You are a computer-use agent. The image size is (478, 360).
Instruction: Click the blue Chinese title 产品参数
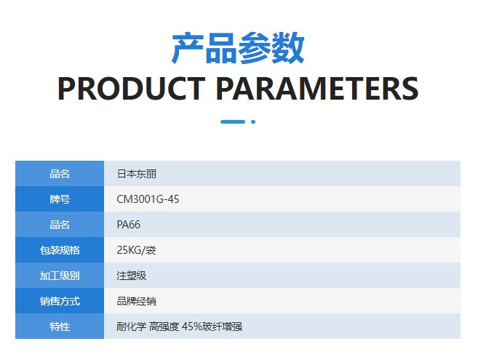(238, 48)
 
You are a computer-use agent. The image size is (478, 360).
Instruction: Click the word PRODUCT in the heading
(132, 89)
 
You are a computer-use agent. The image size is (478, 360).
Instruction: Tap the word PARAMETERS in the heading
(317, 89)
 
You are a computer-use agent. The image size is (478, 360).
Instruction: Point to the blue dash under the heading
(233, 121)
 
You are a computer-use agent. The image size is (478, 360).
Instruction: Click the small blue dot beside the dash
(253, 121)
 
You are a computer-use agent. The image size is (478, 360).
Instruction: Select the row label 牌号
(60, 199)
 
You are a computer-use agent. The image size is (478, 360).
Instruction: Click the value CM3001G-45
(148, 199)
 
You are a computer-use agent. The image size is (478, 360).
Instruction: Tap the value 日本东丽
(137, 174)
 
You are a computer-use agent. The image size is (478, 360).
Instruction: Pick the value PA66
(128, 225)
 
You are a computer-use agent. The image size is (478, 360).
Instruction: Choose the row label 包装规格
(60, 250)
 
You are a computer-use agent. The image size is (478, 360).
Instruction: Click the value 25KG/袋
(136, 250)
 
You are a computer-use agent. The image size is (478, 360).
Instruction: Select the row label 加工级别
(60, 276)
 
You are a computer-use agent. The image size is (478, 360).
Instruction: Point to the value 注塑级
(132, 276)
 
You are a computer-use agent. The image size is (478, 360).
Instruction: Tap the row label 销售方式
(60, 301)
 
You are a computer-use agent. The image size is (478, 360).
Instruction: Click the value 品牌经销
(136, 301)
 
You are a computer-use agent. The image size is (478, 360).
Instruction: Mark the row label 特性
(60, 327)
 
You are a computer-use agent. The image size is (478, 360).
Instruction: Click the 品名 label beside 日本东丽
(60, 174)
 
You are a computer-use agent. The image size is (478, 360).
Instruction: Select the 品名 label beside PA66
(60, 225)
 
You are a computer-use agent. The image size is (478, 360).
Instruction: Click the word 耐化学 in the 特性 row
(132, 327)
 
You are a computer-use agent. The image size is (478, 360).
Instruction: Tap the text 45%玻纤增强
(212, 327)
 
